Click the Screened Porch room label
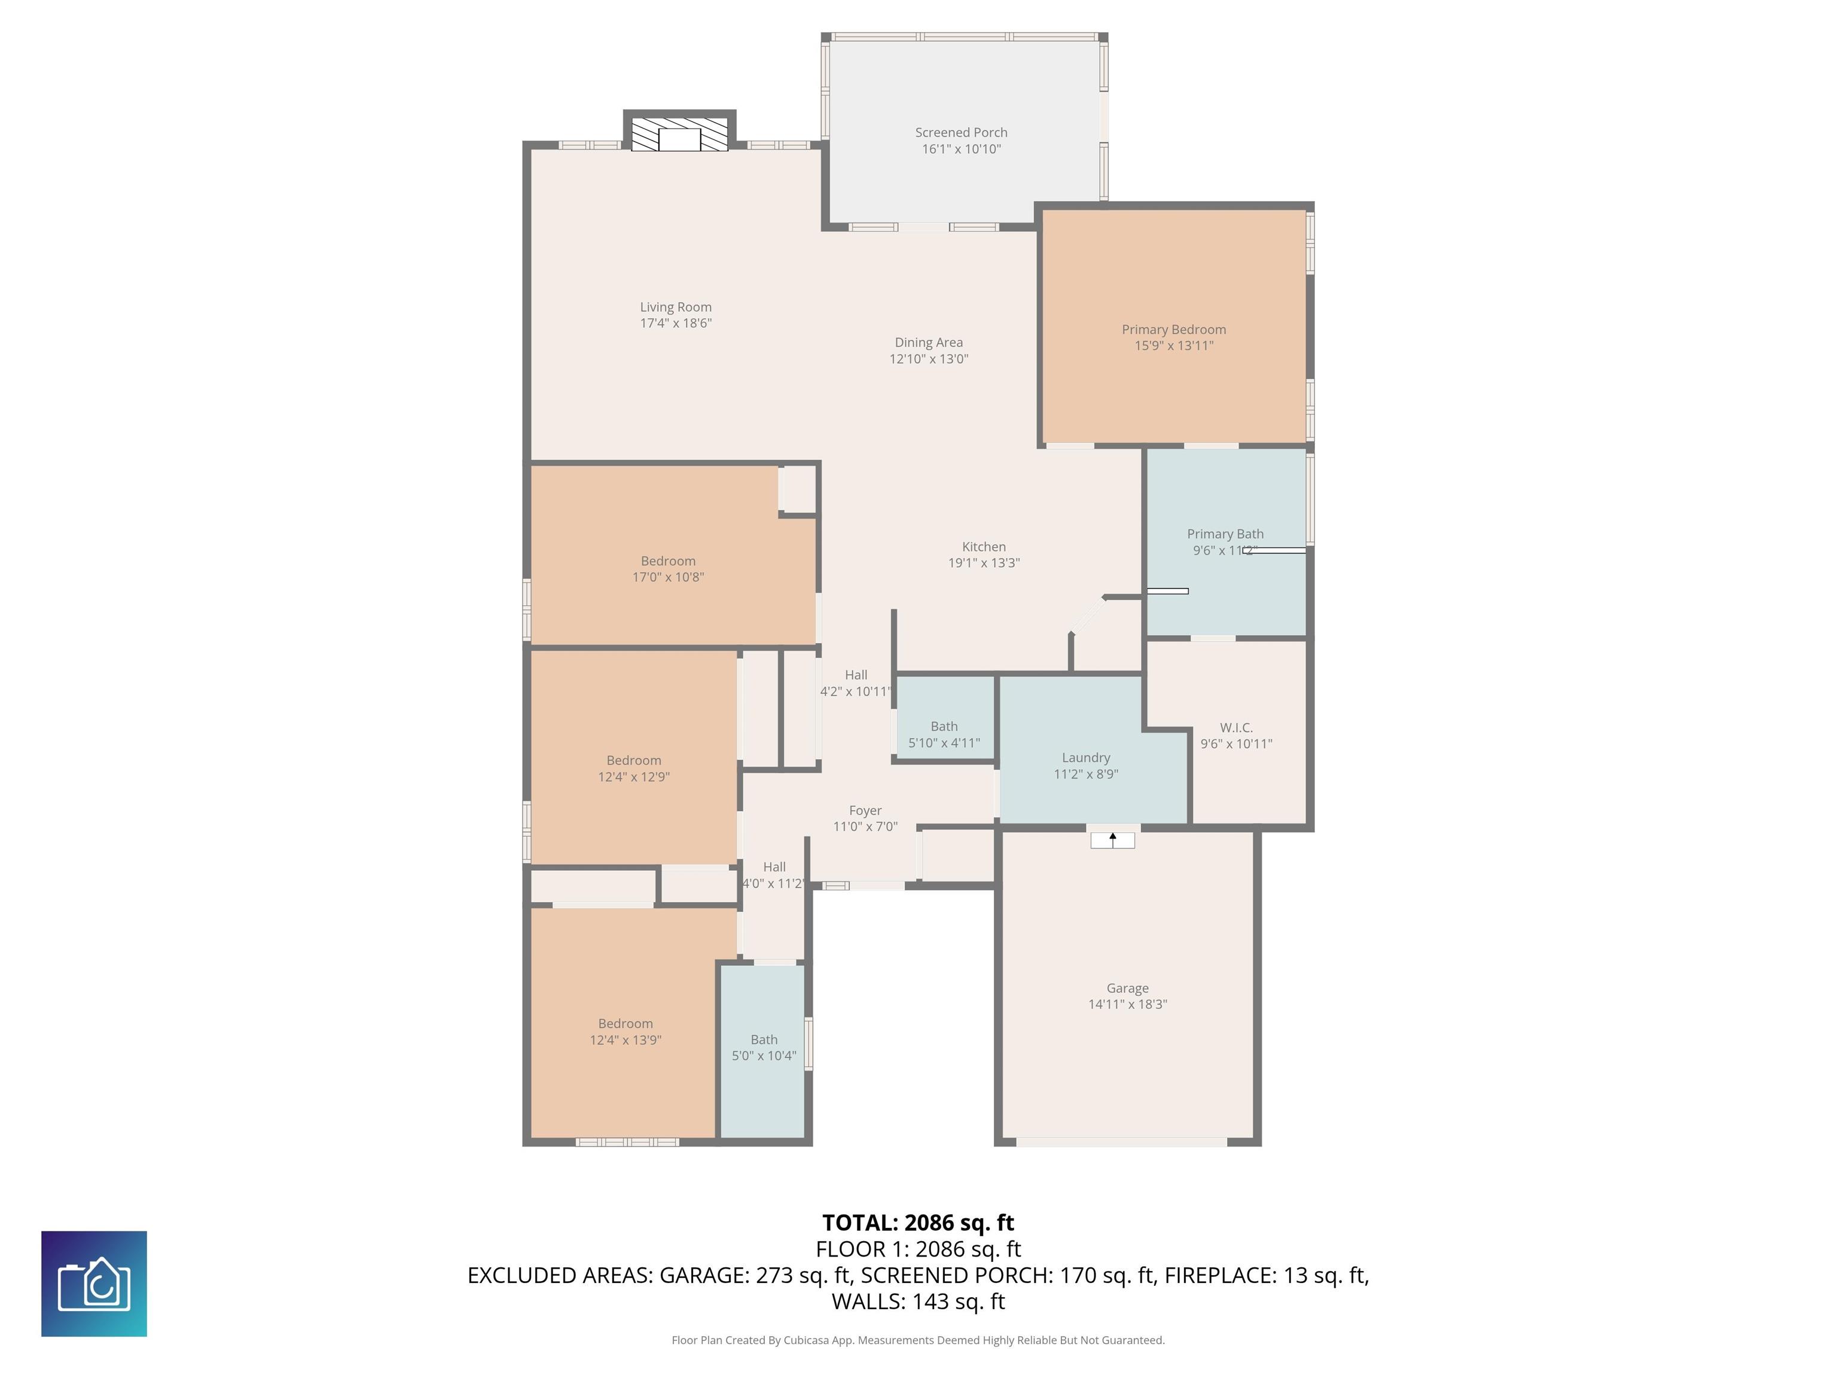click(x=961, y=132)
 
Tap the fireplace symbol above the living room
click(x=679, y=135)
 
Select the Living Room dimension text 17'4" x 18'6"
click(x=675, y=323)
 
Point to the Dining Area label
click(x=929, y=342)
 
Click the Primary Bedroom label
click(x=1173, y=330)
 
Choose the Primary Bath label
click(x=1225, y=534)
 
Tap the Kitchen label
click(x=983, y=547)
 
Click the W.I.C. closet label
click(x=1236, y=728)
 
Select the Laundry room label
click(x=1085, y=758)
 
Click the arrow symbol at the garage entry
click(x=1113, y=840)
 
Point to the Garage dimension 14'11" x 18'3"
click(x=1127, y=1004)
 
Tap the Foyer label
click(x=865, y=810)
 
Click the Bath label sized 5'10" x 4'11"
click(x=944, y=726)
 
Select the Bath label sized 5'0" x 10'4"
click(x=763, y=1040)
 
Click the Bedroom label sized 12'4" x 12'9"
click(x=634, y=761)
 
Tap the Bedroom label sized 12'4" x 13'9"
click(x=625, y=1024)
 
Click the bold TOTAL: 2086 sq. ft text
click(x=918, y=1222)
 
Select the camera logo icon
click(x=94, y=1284)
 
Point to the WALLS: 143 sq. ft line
click(x=918, y=1301)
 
